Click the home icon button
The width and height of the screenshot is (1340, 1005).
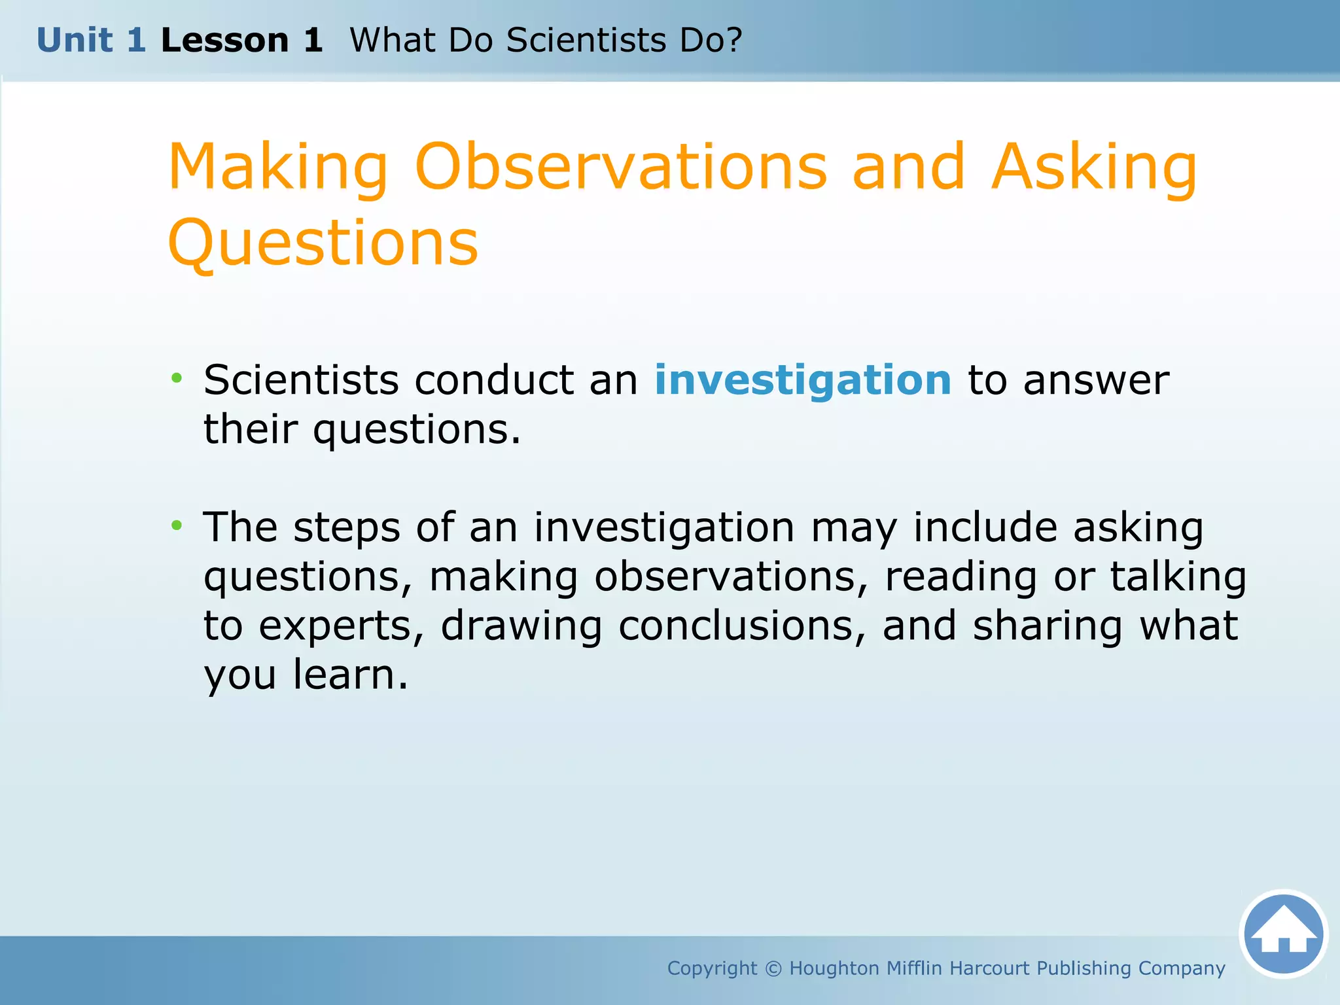[1283, 934]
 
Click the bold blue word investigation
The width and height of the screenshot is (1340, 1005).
[803, 380]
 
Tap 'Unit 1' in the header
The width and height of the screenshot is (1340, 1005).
[91, 41]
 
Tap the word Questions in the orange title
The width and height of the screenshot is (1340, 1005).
[323, 243]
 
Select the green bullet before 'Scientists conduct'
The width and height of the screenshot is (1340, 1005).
[177, 378]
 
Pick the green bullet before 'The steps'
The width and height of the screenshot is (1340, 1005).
[177, 525]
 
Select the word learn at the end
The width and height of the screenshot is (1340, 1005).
[349, 675]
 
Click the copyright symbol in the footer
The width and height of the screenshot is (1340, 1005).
[773, 968]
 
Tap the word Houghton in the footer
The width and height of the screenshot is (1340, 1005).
[834, 968]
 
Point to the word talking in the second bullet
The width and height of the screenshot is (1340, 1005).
[1178, 577]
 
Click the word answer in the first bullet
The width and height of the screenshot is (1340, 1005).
[1096, 380]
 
